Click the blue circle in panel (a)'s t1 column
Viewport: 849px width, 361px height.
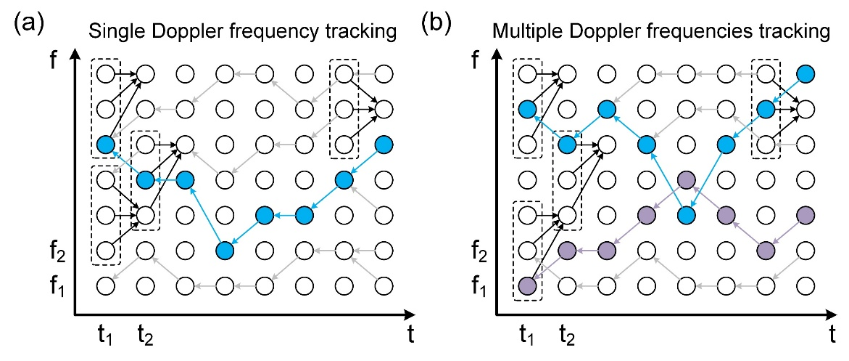(x=106, y=145)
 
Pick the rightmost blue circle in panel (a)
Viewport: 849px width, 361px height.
(x=384, y=145)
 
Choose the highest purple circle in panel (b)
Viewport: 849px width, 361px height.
(x=686, y=179)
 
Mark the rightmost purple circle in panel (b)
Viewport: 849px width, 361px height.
(x=804, y=215)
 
